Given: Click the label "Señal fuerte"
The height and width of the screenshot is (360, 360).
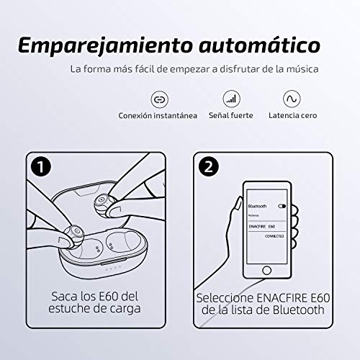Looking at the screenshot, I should [230, 115].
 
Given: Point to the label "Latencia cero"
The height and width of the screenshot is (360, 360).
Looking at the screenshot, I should [292, 115].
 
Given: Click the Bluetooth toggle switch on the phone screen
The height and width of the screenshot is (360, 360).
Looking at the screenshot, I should [282, 206].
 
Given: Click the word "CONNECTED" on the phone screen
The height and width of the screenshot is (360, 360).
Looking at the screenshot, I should [275, 235].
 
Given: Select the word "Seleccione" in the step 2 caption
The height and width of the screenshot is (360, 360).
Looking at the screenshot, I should [230, 297].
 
